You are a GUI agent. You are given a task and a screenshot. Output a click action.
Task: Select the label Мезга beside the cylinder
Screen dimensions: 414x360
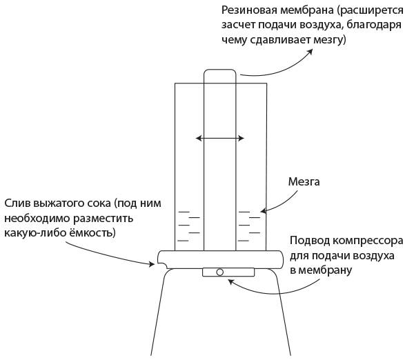[304, 182]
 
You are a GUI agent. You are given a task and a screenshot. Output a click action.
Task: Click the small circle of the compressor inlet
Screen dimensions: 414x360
[219, 272]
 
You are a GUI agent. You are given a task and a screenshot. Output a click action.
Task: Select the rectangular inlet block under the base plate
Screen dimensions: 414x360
[228, 272]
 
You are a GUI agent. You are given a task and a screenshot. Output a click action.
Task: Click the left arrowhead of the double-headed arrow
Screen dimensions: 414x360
[198, 138]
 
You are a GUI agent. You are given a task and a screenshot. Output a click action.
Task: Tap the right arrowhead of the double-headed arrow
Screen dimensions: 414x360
[241, 138]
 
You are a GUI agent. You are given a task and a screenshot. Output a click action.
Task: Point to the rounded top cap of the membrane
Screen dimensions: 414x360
[219, 70]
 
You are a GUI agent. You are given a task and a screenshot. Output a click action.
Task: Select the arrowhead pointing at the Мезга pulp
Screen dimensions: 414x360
[264, 211]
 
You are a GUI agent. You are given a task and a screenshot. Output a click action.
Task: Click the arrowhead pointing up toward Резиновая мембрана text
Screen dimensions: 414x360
[310, 51]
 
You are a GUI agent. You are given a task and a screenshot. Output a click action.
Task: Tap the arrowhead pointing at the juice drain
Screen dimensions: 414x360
[152, 264]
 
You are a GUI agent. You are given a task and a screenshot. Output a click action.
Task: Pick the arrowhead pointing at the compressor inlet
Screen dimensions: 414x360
[231, 282]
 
